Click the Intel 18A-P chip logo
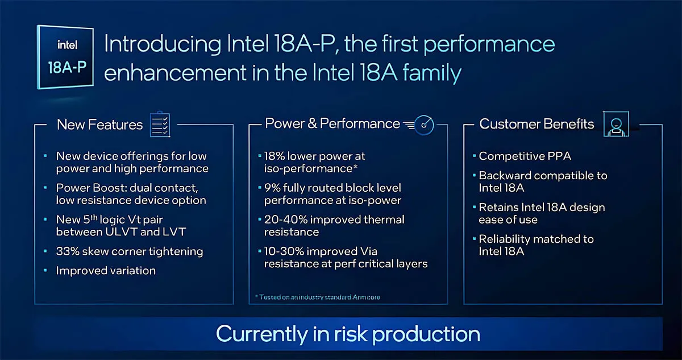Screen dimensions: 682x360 [x=65, y=57]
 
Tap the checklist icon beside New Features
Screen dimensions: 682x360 [x=160, y=124]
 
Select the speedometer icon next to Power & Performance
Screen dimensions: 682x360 [x=419, y=125]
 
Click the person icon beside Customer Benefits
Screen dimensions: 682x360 [x=616, y=123]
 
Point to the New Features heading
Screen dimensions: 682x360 [x=100, y=125]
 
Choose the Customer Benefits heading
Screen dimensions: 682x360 [x=537, y=124]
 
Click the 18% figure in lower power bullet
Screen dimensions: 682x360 [x=275, y=156]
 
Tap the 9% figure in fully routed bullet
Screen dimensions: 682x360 [x=272, y=188]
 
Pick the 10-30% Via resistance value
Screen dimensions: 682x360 [x=284, y=251]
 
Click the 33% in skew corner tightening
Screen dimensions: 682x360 [x=68, y=251]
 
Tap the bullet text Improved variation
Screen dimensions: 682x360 [x=106, y=271]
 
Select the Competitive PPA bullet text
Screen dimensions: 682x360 [x=525, y=156]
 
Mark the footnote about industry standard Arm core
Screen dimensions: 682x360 [x=318, y=297]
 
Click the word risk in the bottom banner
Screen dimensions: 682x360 [x=351, y=334]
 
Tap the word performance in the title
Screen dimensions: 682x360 [x=489, y=44]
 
